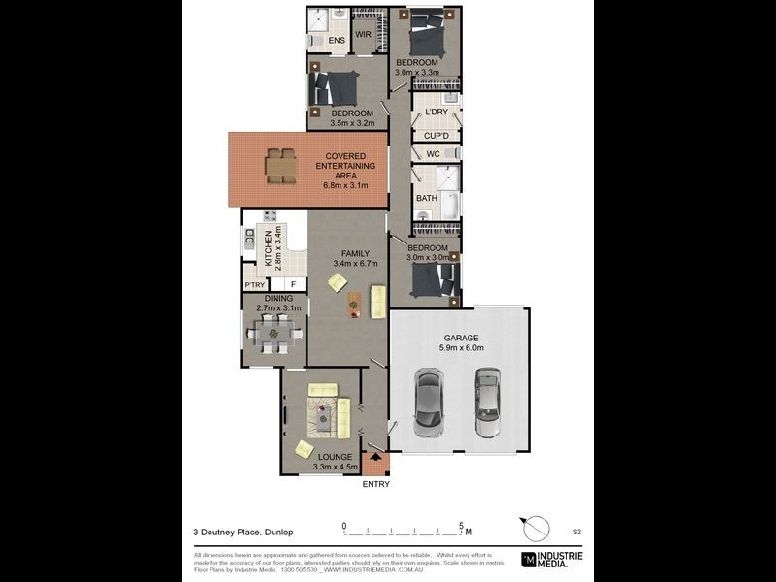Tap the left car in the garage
[x=429, y=403]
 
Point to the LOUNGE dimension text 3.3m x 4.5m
[x=335, y=468]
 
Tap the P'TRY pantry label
[x=254, y=285]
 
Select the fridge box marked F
[x=292, y=285]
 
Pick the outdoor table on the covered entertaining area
[x=281, y=166]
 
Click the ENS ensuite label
[x=336, y=41]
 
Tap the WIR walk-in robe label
[x=364, y=35]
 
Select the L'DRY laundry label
[x=436, y=113]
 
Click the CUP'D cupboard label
[x=436, y=135]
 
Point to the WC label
[x=433, y=153]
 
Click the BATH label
[x=427, y=198]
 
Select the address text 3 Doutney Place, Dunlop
[x=242, y=531]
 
